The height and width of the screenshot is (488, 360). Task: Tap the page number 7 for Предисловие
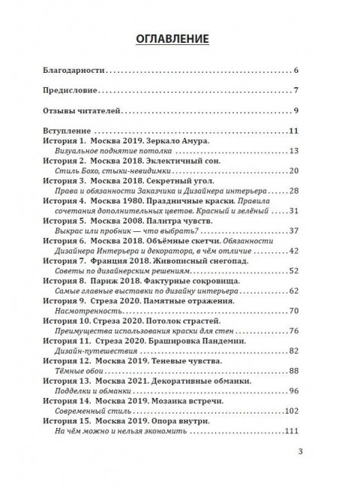coord(297,92)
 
